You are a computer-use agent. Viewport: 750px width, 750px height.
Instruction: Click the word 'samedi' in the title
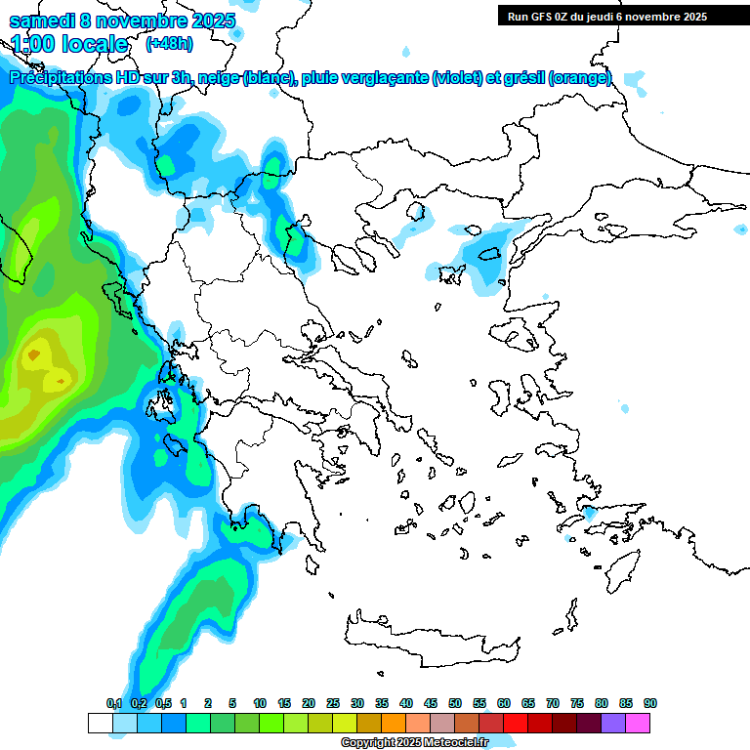(40, 21)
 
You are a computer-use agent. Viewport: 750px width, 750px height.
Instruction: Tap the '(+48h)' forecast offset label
(169, 43)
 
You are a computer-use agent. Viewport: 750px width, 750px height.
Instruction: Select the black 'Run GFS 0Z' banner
(606, 16)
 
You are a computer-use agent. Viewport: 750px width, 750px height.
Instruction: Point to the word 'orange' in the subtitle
(580, 78)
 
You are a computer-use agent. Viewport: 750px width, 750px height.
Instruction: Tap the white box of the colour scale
(100, 723)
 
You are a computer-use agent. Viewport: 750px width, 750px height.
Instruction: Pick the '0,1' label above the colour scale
(113, 703)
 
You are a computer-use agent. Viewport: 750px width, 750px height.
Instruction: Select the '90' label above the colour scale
(650, 703)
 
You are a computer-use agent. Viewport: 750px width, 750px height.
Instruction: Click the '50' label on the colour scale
(455, 703)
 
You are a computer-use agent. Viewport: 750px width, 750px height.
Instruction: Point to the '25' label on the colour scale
(333, 703)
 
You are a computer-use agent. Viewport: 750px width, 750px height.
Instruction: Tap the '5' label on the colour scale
(232, 703)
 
